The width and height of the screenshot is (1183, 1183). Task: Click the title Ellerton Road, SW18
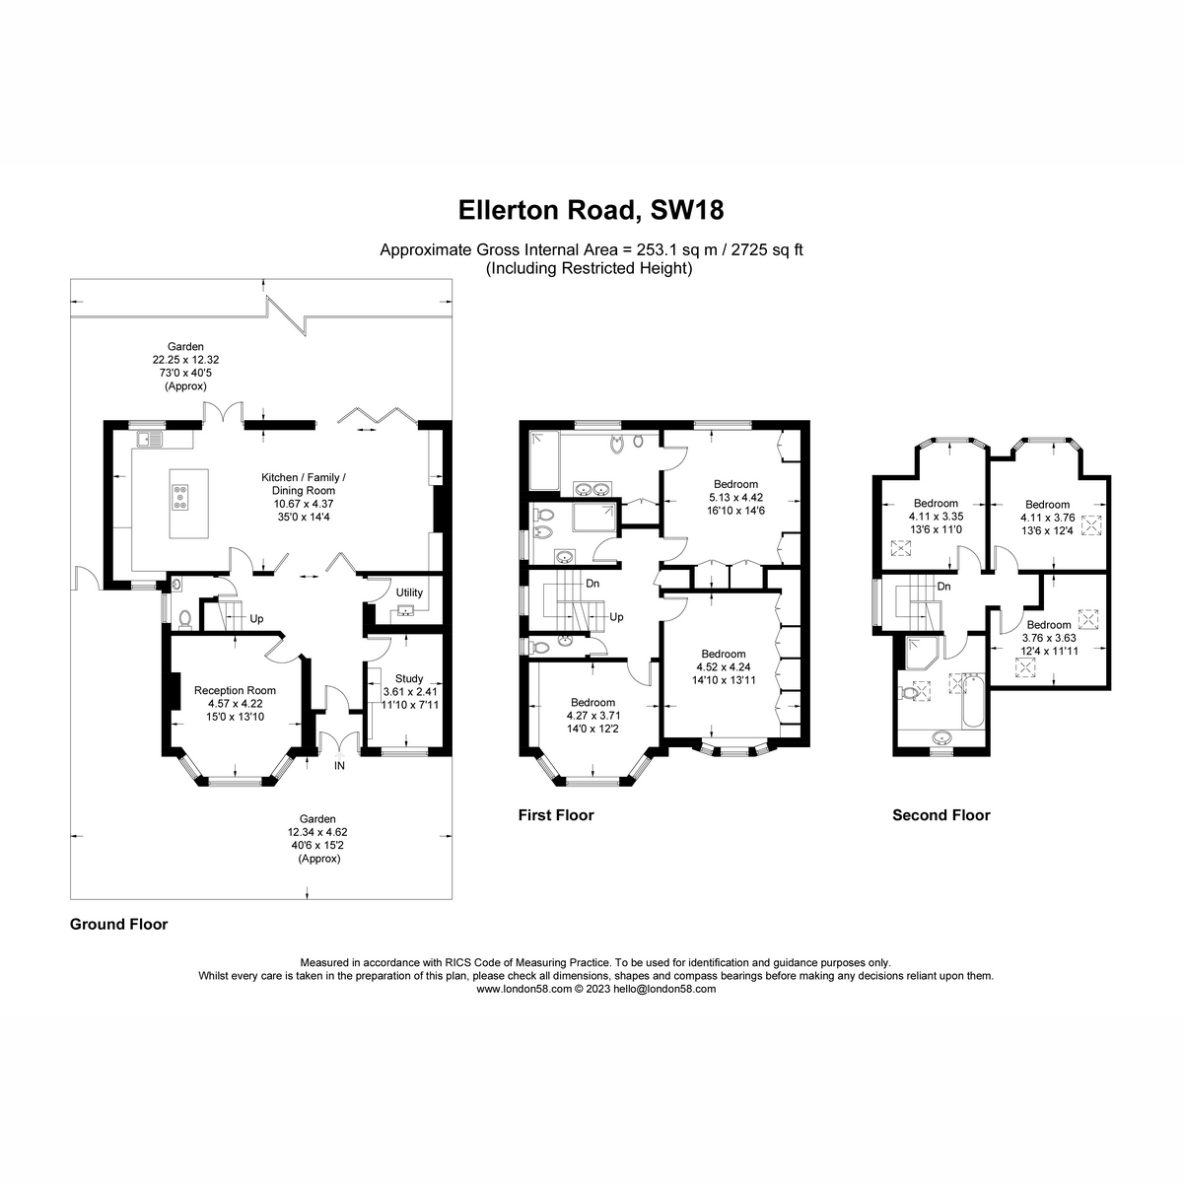[x=591, y=210]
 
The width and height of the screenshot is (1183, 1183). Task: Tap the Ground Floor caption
[x=118, y=924]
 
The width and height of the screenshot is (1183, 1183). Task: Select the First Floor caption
[x=556, y=815]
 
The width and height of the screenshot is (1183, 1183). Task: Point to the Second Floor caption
[x=940, y=815]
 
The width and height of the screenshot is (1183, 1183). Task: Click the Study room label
[x=408, y=678]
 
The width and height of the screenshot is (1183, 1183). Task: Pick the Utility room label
[x=409, y=592]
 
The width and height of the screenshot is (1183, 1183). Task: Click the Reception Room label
[x=235, y=690]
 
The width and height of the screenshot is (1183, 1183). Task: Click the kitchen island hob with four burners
[x=182, y=498]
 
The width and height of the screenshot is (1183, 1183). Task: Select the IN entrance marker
[x=339, y=765]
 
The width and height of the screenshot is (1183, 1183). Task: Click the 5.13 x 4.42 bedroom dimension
[x=736, y=497]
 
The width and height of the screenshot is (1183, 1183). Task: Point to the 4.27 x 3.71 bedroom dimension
[x=592, y=715]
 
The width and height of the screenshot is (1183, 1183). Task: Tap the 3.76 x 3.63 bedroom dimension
[x=1047, y=637]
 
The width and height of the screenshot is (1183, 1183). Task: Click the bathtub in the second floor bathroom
[x=970, y=701]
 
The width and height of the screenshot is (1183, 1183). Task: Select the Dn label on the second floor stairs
[x=943, y=587]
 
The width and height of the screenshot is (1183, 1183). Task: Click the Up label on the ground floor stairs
[x=256, y=619]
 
